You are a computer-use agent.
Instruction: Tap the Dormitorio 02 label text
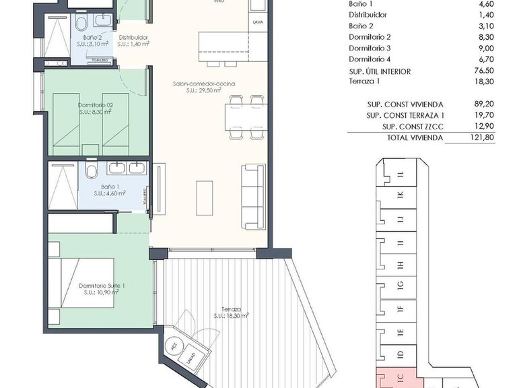point(95,105)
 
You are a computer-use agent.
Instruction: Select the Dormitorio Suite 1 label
point(101,286)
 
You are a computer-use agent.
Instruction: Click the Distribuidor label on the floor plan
point(133,38)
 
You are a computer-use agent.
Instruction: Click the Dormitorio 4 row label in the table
point(370,60)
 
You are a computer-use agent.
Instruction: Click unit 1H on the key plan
point(400,265)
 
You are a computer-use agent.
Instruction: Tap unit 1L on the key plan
point(400,174)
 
